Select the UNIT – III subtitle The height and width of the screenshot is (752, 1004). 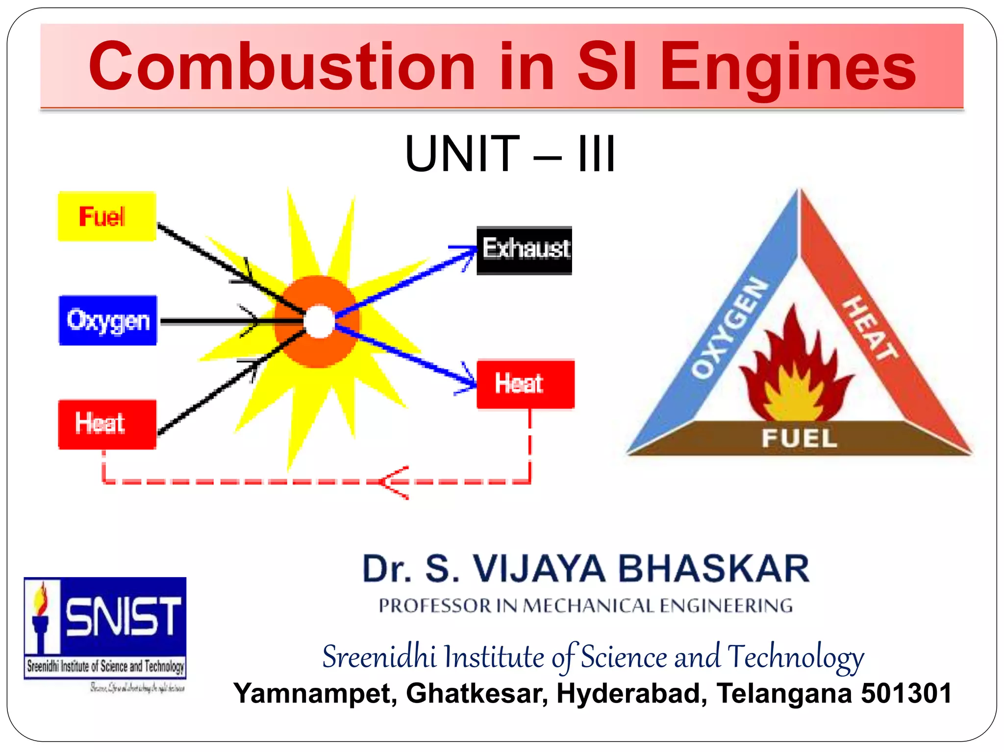click(510, 154)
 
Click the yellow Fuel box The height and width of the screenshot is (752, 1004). click(107, 217)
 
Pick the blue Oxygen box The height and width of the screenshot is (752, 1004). click(108, 320)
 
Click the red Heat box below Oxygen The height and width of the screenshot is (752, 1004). click(107, 424)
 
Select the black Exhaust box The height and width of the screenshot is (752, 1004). click(525, 250)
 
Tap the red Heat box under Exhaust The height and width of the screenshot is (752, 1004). click(525, 384)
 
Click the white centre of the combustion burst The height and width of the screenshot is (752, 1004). click(319, 322)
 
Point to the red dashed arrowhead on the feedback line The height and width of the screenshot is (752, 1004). click(392, 483)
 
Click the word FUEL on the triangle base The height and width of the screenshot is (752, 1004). click(799, 437)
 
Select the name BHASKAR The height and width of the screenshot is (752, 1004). click(713, 569)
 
